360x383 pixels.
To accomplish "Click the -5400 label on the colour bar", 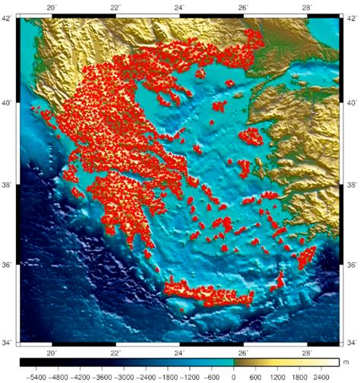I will tap(35, 375).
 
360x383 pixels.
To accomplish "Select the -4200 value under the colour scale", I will tap(75, 375).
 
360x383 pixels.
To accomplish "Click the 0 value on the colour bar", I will tap(233, 375).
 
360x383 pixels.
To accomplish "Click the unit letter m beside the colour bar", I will tap(344, 362).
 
